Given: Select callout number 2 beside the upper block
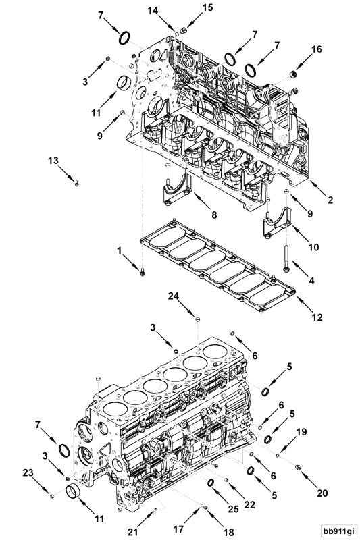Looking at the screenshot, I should [x=330, y=199].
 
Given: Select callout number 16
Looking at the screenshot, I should [x=317, y=49].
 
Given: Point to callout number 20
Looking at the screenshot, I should [x=322, y=493].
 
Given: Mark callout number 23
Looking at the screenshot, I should [x=28, y=472].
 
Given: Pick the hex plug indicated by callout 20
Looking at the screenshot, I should [x=298, y=465].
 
